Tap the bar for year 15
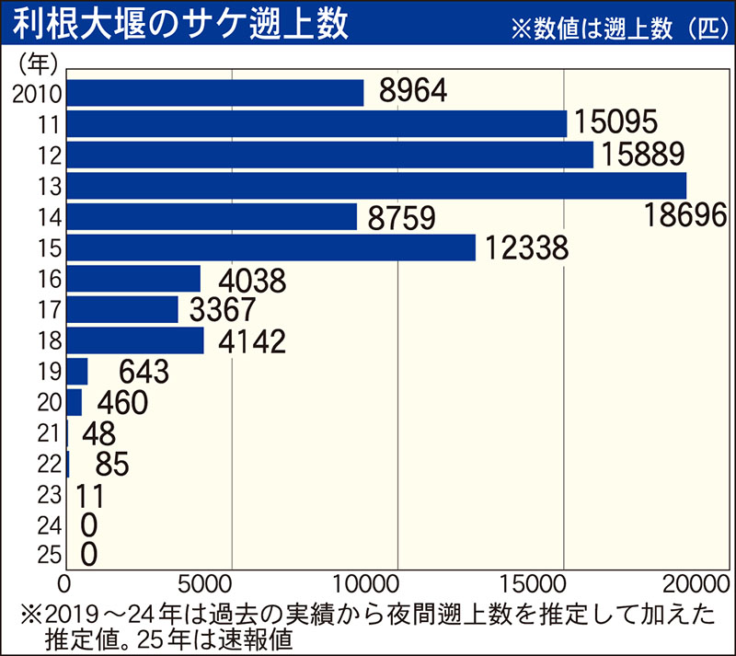click(x=270, y=247)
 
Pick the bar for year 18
click(x=134, y=340)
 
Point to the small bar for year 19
click(x=76, y=372)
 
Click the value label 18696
click(x=684, y=217)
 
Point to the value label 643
click(x=144, y=372)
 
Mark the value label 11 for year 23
click(x=89, y=496)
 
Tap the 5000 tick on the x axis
click(x=231, y=583)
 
